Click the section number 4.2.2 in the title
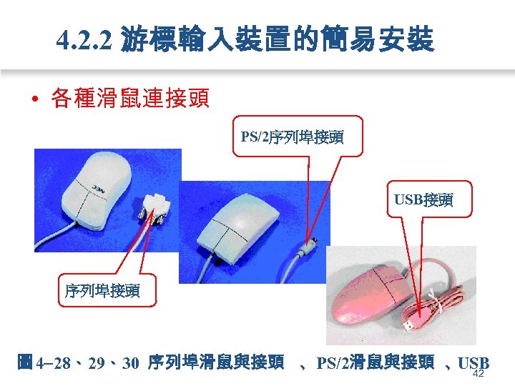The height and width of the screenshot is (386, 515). coord(85,41)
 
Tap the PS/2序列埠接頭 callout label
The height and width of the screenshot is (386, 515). coord(291,136)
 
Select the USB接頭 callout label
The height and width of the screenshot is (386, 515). coord(423,199)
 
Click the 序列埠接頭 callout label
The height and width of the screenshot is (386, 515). coord(102,291)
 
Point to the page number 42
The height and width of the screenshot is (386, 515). coord(479,374)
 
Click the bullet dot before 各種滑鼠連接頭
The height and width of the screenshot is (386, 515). coord(34,99)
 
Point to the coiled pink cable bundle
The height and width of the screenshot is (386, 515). coord(443,307)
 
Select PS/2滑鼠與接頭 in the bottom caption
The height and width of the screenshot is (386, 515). coord(375,362)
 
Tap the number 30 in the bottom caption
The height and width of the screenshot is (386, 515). coord(130,362)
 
